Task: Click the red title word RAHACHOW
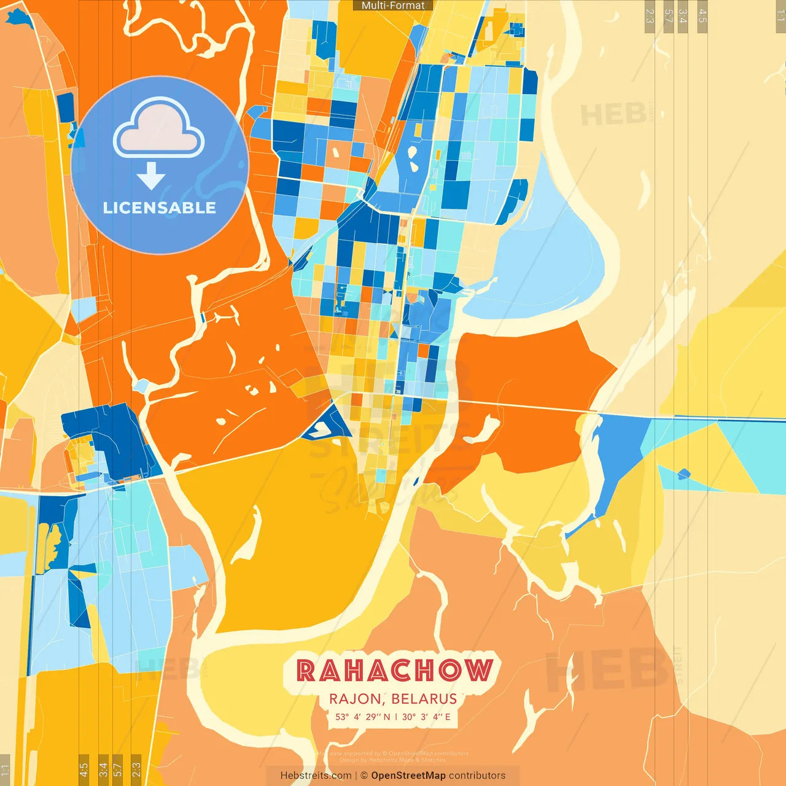coord(394,670)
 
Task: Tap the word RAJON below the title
coord(355,699)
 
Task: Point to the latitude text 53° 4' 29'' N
coord(362,717)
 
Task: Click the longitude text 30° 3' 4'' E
coord(426,717)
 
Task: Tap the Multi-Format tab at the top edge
coord(393,6)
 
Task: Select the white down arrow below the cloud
coord(150,176)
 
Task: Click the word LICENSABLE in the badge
coord(159,208)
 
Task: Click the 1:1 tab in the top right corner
coord(780,15)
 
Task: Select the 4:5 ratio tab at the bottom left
coord(84,769)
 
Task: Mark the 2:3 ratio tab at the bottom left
coord(136,769)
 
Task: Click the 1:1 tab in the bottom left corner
coord(5,770)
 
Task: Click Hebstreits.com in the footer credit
coord(316,776)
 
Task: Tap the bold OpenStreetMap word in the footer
coord(408,776)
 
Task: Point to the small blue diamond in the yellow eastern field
coord(683,473)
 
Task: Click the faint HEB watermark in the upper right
coord(613,115)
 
